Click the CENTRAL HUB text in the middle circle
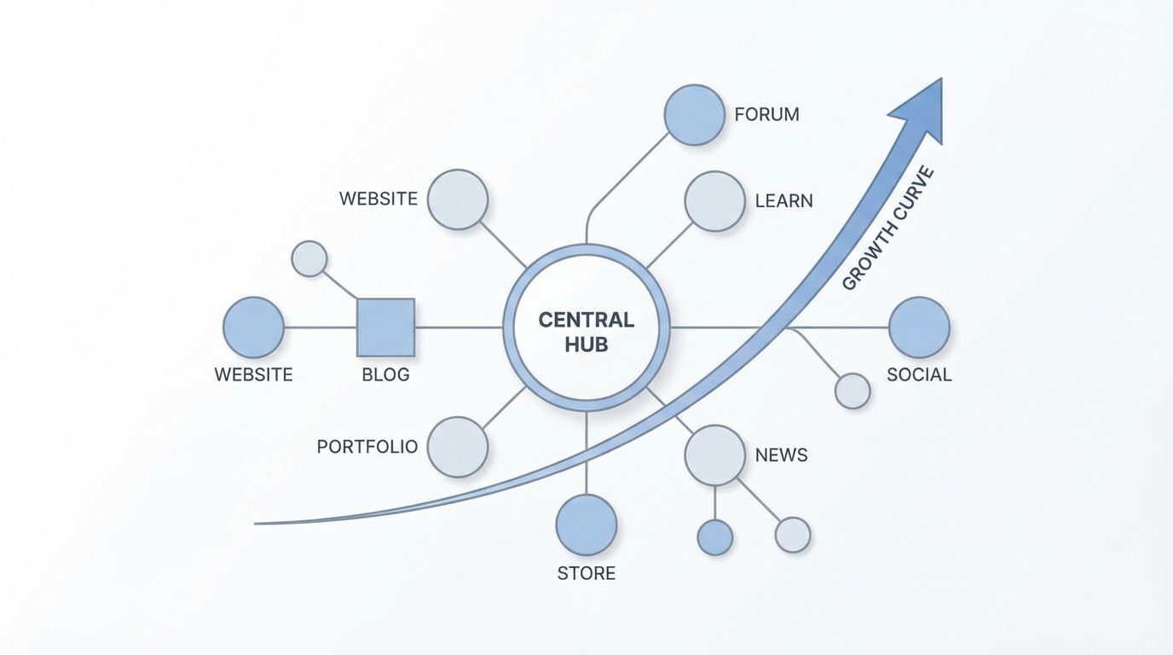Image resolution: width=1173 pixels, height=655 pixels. tap(586, 332)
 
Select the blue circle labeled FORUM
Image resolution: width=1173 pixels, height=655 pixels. tap(694, 114)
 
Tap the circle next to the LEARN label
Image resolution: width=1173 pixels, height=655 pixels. tap(714, 201)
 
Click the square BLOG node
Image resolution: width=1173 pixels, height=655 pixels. tap(385, 327)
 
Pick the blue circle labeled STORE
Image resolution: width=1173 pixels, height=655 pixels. tap(586, 525)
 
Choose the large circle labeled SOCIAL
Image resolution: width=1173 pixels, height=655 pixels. tap(919, 327)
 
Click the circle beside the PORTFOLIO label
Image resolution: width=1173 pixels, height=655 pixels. tap(457, 447)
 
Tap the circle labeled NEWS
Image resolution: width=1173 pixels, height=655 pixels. tap(714, 455)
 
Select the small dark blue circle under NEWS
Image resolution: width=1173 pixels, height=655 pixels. tap(714, 537)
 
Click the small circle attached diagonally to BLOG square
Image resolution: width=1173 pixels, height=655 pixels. tap(309, 258)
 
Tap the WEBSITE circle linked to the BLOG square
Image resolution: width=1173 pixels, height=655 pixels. tap(253, 327)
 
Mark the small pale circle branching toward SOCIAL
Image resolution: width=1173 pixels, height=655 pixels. tap(852, 391)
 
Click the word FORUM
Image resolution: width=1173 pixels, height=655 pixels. tap(766, 114)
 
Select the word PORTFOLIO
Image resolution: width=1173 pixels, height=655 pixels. tap(367, 447)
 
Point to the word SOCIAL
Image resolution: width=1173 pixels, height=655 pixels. tap(919, 374)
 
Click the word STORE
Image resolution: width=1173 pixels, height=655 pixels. tap(586, 573)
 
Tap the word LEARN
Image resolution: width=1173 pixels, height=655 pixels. tap(783, 201)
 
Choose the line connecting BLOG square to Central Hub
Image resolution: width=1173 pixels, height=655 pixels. tap(459, 327)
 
